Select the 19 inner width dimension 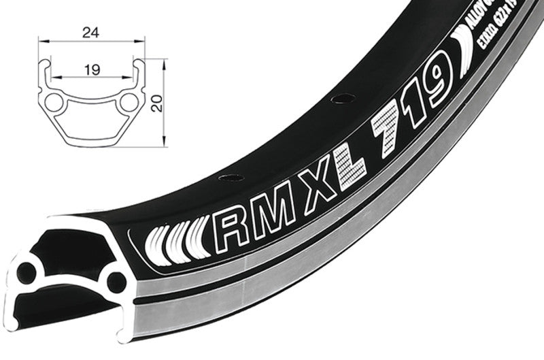click(x=90, y=69)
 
